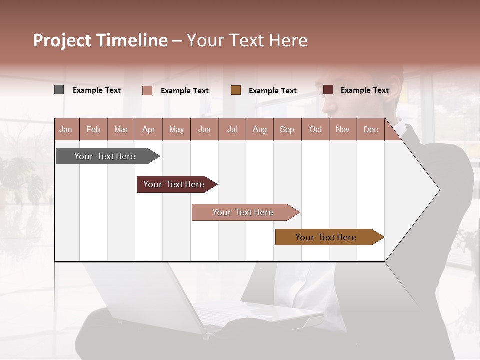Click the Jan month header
click(66, 129)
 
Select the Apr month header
click(148, 129)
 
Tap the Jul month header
click(232, 129)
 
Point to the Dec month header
click(370, 129)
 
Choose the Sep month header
click(287, 129)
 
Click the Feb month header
click(93, 129)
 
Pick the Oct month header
click(315, 129)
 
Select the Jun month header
click(204, 129)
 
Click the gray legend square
click(59, 90)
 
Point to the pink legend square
click(147, 90)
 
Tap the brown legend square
click(236, 90)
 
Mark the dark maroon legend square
click(328, 90)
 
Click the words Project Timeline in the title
click(100, 40)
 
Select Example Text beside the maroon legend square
click(364, 90)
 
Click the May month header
click(176, 129)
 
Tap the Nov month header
click(343, 129)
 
